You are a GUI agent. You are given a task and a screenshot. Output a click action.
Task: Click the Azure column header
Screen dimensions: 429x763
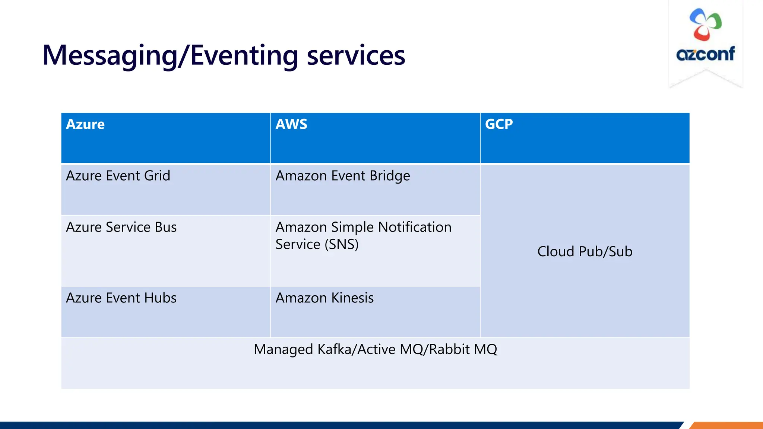(85, 124)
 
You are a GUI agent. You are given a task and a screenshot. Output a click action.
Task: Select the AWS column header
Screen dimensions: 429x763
(291, 124)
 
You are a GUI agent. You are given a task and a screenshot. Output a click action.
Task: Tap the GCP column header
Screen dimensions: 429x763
(499, 124)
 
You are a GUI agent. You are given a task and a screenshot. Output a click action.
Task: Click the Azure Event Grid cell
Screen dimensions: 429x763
(118, 176)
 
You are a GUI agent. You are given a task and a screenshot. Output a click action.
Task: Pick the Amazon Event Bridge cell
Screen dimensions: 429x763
(343, 176)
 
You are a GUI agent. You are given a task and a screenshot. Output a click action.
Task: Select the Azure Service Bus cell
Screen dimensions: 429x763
(121, 227)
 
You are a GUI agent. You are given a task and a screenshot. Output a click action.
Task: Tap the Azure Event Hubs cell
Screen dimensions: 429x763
(121, 298)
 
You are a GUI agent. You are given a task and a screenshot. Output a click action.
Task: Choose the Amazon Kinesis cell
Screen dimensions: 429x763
(324, 298)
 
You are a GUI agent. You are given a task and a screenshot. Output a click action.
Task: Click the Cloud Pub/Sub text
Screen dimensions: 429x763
(585, 252)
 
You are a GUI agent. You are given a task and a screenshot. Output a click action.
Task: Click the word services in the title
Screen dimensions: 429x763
(356, 56)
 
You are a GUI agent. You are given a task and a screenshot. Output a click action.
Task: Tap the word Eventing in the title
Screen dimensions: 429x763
(244, 56)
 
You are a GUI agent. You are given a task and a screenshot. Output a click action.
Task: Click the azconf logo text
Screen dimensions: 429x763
(705, 54)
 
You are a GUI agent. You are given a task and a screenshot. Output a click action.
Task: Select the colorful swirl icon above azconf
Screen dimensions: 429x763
(705, 25)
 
